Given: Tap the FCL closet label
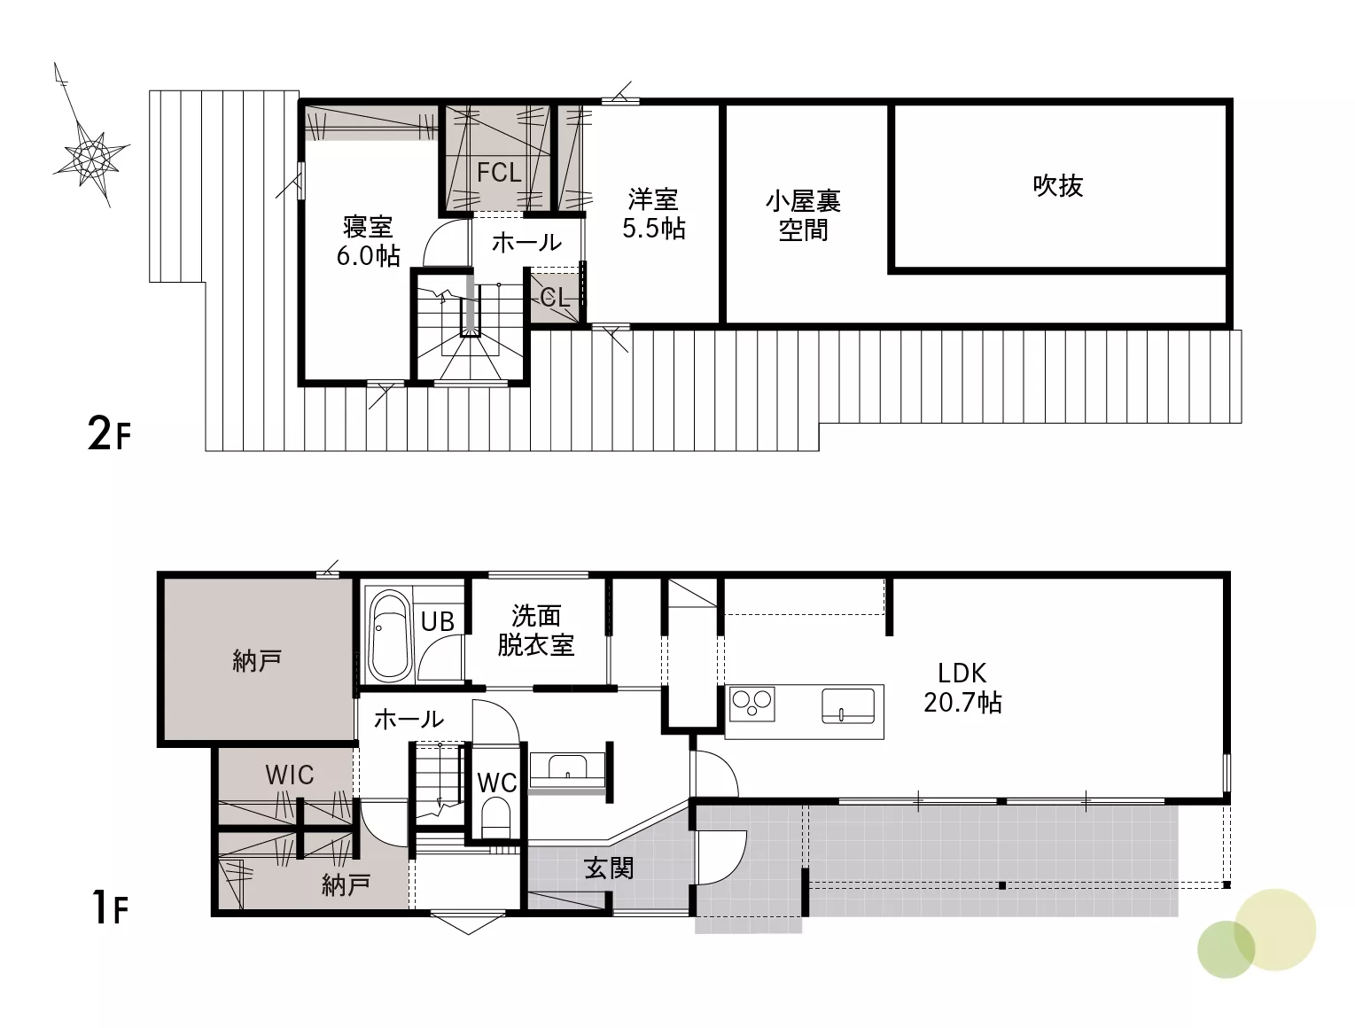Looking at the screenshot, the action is tap(499, 172).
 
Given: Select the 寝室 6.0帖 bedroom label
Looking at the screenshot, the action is tap(368, 241).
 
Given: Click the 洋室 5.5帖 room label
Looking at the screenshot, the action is tap(653, 214).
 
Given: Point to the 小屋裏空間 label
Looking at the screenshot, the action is tap(803, 215).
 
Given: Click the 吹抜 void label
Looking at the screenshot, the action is tap(1058, 185).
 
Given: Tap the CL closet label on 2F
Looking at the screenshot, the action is tap(555, 298).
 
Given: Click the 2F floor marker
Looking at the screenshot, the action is tap(109, 432).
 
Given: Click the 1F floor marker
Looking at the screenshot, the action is tap(110, 907).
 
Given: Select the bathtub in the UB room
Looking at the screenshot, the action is tap(390, 636).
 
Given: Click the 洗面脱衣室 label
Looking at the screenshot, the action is tap(536, 631).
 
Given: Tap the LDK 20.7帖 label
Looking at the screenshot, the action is tap(962, 688).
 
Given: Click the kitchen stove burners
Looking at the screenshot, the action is tap(751, 704).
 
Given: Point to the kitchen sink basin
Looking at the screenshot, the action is tap(848, 705).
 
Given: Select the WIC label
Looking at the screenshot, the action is tap(290, 775).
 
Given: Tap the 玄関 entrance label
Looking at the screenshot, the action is tap(610, 868).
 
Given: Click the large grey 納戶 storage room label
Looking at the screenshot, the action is tap(257, 661).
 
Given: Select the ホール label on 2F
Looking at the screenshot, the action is tap(526, 243).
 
